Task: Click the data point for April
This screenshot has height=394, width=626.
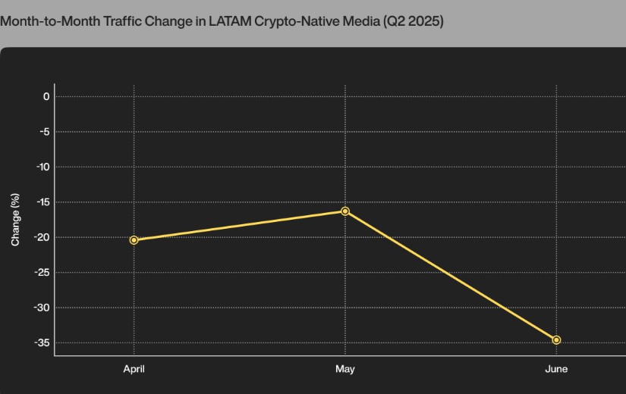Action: tap(134, 240)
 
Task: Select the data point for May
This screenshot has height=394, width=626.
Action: tap(345, 211)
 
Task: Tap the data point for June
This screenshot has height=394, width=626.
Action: tap(556, 340)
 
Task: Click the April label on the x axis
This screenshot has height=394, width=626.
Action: tap(134, 369)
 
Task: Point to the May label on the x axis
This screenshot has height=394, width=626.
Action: tap(345, 369)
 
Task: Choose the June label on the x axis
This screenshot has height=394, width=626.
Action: tap(556, 369)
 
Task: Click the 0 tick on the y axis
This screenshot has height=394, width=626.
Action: tap(46, 96)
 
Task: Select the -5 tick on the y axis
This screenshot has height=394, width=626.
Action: tap(44, 132)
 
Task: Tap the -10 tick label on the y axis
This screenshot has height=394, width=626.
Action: tap(42, 167)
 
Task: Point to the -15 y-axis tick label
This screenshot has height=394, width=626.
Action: tap(42, 202)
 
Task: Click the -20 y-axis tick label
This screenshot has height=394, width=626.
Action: tap(42, 237)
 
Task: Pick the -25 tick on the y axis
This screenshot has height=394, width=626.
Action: tap(42, 273)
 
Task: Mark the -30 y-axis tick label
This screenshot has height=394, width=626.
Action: tap(42, 308)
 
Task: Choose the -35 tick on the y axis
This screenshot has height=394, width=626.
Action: tap(42, 343)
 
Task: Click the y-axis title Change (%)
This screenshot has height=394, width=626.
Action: tap(15, 220)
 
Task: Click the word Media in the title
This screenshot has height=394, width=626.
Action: tap(356, 21)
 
